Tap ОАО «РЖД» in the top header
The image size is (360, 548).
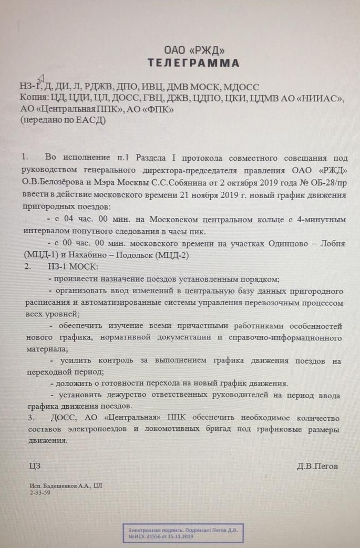(x=194, y=51)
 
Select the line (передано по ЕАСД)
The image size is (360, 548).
(x=63, y=120)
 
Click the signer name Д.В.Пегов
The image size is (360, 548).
(x=317, y=466)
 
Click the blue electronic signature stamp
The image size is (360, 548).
(x=183, y=533)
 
